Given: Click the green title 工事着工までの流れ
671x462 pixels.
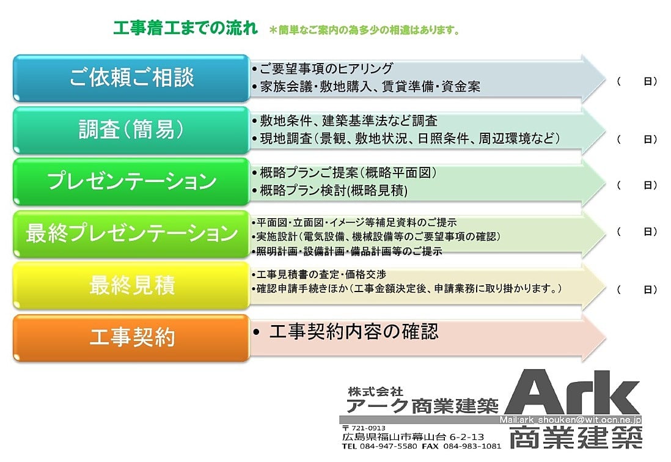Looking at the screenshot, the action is [185, 28].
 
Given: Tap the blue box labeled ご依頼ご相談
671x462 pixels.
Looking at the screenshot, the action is [131, 78].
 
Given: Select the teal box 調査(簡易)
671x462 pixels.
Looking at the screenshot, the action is [131, 130].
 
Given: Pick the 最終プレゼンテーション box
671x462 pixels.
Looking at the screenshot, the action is [131, 233].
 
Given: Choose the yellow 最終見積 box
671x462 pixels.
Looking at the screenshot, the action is [131, 285].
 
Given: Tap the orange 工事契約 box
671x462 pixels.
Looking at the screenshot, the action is [131, 337].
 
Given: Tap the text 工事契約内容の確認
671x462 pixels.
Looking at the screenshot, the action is [354, 331].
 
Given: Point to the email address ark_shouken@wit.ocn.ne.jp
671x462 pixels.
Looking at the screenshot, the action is [580, 420].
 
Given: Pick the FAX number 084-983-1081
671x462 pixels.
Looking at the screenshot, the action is [472, 446].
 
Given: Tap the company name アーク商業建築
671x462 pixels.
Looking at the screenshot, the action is [422, 406].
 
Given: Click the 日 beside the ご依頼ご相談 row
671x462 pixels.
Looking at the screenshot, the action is [648, 81].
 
